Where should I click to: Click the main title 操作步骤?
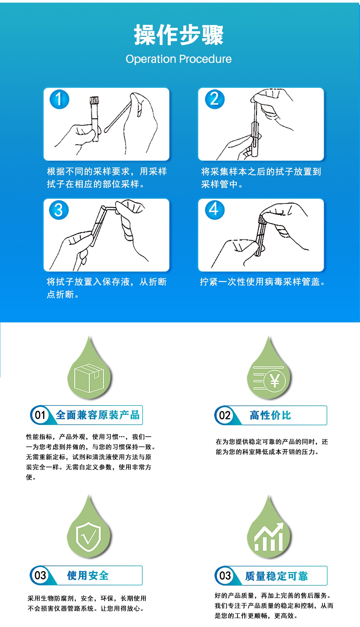(179, 35)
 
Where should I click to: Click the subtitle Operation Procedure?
(178, 59)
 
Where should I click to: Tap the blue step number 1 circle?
(59, 99)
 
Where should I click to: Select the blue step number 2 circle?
(215, 99)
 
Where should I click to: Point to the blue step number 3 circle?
(59, 210)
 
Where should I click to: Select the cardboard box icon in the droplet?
(89, 378)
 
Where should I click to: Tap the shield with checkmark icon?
(88, 536)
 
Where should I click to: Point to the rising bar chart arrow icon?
(269, 537)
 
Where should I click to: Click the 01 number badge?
(40, 415)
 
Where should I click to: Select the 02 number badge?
(224, 415)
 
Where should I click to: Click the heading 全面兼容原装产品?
(98, 415)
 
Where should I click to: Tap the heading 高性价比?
(270, 415)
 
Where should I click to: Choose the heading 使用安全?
(88, 576)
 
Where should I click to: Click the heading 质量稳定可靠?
(277, 576)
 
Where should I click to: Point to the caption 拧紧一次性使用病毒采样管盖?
(262, 282)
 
